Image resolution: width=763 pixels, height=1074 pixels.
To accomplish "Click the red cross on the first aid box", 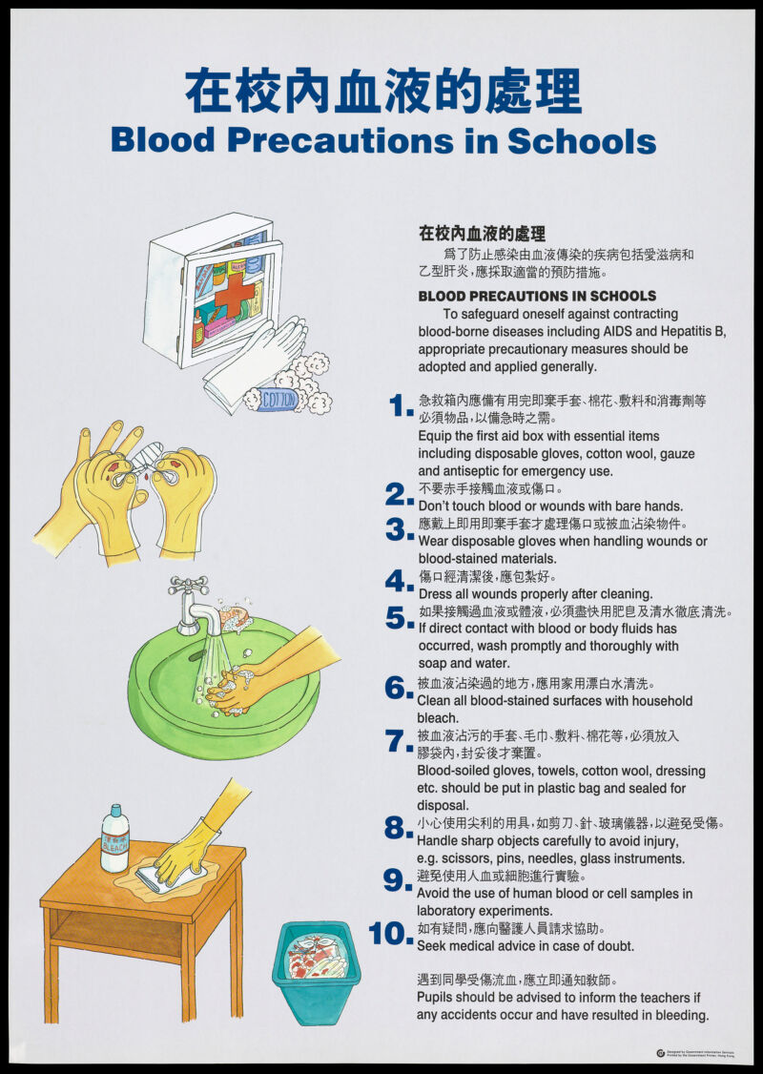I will click(x=232, y=294).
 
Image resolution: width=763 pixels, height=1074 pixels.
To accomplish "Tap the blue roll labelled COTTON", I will click(x=278, y=399).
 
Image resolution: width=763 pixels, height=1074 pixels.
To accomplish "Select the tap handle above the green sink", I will click(x=188, y=585).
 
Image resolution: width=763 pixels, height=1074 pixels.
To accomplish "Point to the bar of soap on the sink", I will click(x=235, y=616).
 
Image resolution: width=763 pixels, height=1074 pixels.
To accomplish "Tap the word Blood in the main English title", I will click(x=162, y=140).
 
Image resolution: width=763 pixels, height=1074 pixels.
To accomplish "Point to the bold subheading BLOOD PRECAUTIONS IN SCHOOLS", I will click(x=537, y=296).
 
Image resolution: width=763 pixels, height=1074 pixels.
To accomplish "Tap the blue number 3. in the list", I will click(x=399, y=529).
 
